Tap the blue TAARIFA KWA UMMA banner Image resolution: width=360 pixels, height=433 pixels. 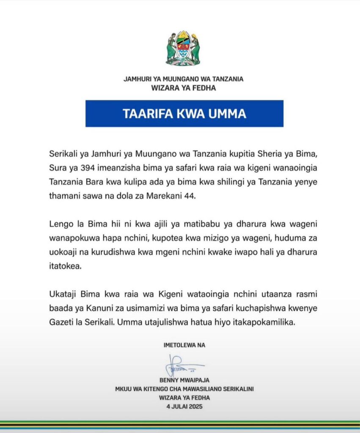coord(184,114)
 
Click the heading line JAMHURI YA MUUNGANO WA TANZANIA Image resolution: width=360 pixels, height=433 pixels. coord(183,79)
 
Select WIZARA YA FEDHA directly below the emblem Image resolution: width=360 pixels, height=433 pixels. coord(183,88)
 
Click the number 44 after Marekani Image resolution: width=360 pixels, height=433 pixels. coord(192,196)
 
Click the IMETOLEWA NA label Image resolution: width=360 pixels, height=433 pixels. coord(184,345)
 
